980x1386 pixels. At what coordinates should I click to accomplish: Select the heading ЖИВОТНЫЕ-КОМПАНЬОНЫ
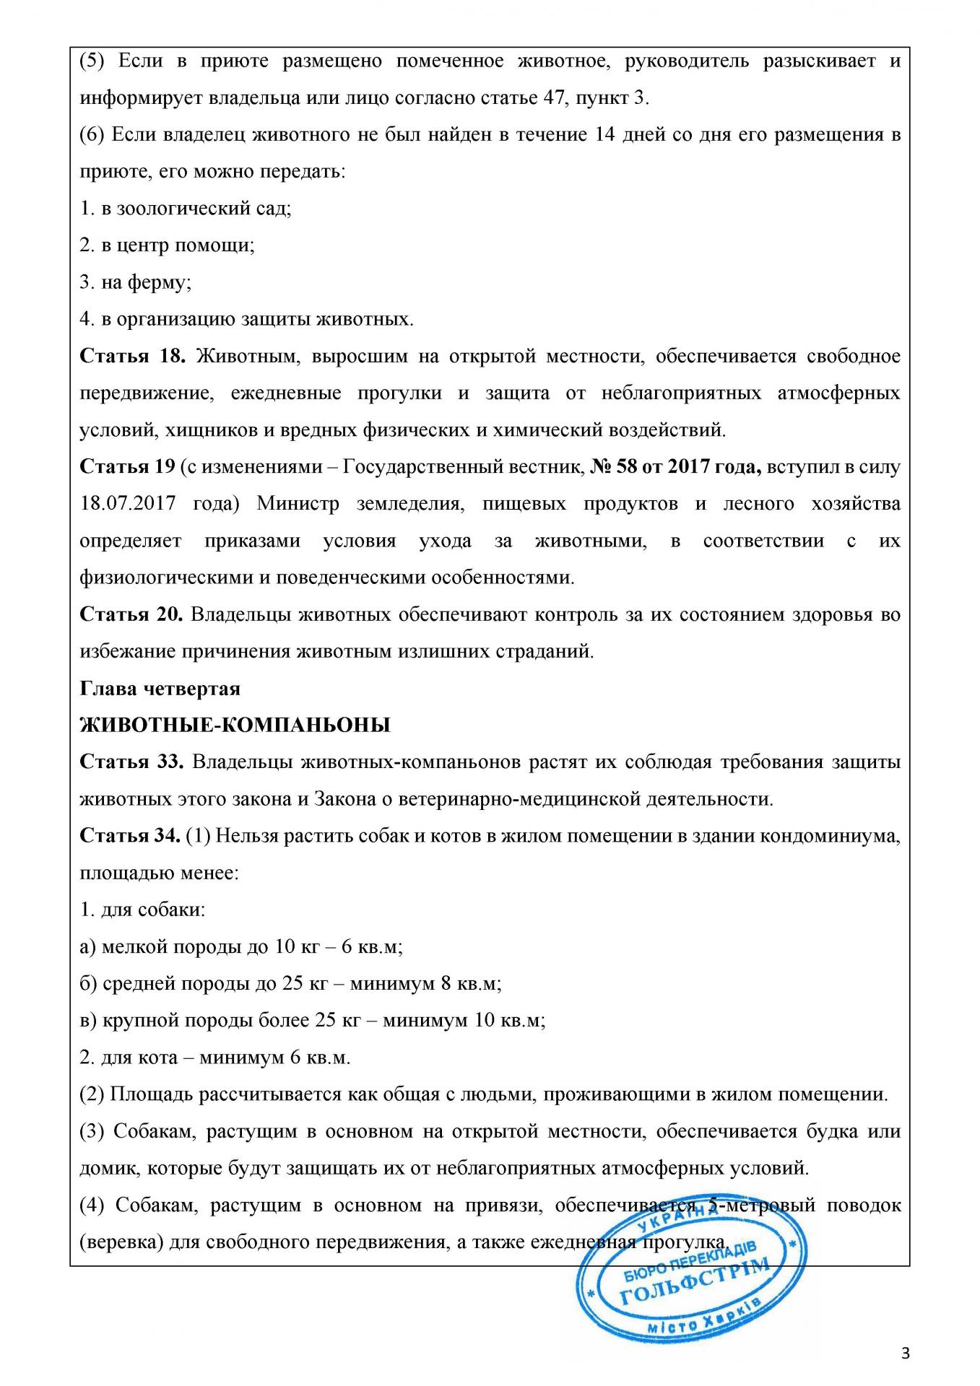[235, 725]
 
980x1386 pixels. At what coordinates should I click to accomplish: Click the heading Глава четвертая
[160, 688]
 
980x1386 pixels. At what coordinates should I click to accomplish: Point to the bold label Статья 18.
[133, 356]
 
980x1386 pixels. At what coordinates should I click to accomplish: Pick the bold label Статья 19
[127, 466]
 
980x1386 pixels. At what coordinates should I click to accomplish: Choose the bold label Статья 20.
[133, 614]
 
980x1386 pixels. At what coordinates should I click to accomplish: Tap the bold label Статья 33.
[133, 762]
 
